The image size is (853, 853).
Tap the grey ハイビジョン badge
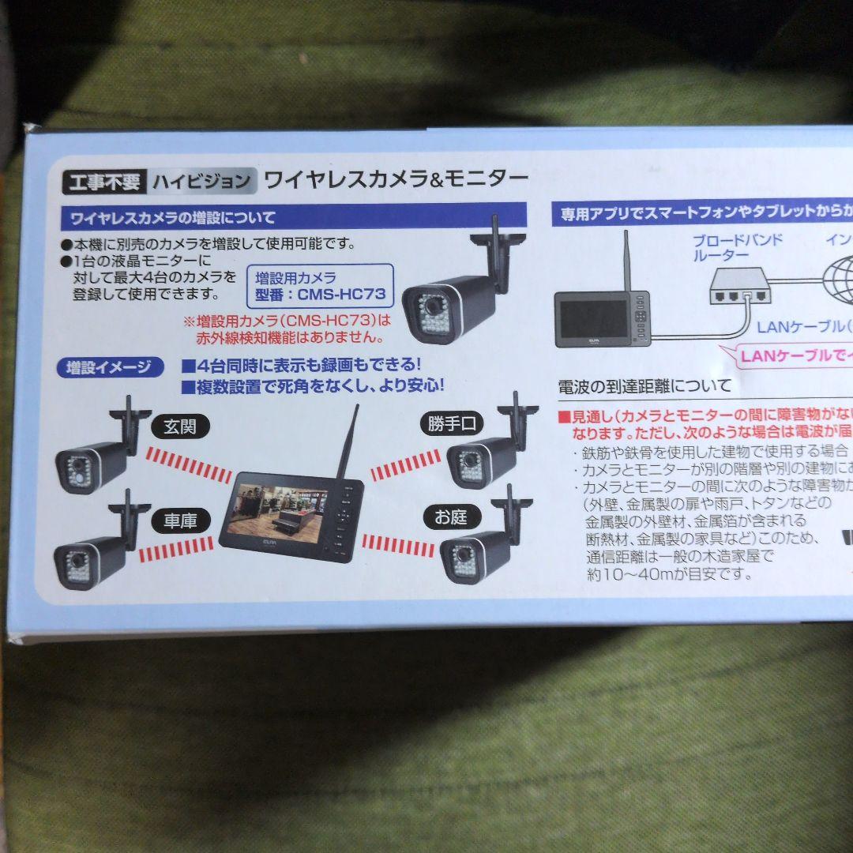click(x=202, y=182)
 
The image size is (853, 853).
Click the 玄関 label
click(x=179, y=427)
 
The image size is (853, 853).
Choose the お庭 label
click(x=451, y=517)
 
